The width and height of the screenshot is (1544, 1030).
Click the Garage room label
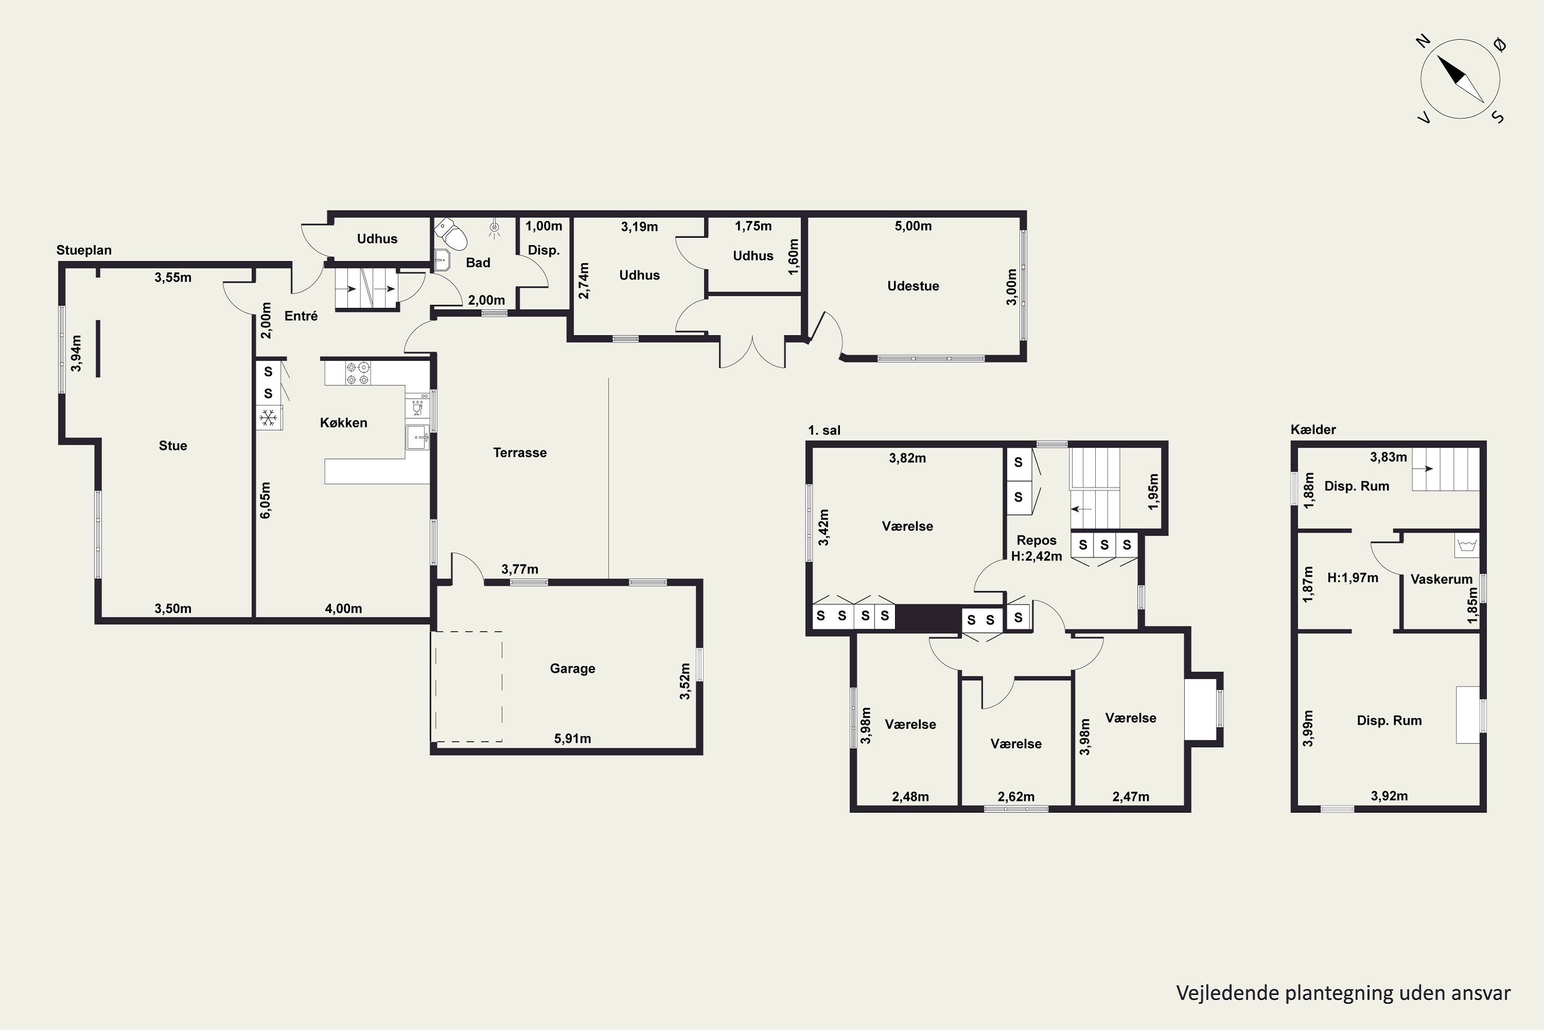(x=572, y=668)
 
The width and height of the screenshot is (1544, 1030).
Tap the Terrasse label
(x=520, y=453)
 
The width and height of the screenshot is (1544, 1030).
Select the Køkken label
(x=343, y=422)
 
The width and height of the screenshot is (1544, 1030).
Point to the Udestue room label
(x=913, y=286)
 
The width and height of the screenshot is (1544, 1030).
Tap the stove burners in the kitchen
(x=358, y=373)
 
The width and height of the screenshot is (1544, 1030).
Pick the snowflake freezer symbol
(x=268, y=417)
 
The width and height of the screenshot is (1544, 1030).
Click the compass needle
(x=1461, y=79)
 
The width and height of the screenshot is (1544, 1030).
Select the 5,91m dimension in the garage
(x=572, y=739)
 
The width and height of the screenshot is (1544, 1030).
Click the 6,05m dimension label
(x=265, y=501)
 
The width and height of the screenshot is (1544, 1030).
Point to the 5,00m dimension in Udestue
(x=913, y=226)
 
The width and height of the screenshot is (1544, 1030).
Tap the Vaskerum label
(x=1442, y=579)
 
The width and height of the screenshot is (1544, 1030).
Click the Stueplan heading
(x=84, y=250)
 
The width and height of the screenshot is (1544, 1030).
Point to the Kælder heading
(x=1313, y=430)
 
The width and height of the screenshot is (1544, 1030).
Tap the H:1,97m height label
(x=1353, y=578)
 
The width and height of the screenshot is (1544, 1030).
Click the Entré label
(x=301, y=316)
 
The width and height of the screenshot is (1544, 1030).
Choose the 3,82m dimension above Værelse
(x=907, y=458)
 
